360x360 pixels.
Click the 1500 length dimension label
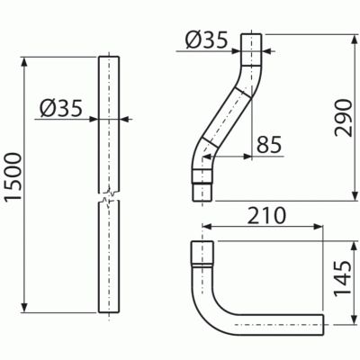tap(13, 176)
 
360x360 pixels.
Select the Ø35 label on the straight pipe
tap(60, 108)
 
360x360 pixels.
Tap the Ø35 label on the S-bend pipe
tap(207, 40)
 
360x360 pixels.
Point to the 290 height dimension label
tap(344, 118)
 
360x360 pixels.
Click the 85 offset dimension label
tap(269, 145)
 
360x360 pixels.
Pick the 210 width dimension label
tap(266, 215)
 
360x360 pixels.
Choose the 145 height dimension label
tap(343, 278)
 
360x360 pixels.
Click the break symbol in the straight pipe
tap(109, 195)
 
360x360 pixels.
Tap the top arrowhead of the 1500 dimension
tap(24, 61)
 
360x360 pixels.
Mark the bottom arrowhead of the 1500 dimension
tap(24, 308)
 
